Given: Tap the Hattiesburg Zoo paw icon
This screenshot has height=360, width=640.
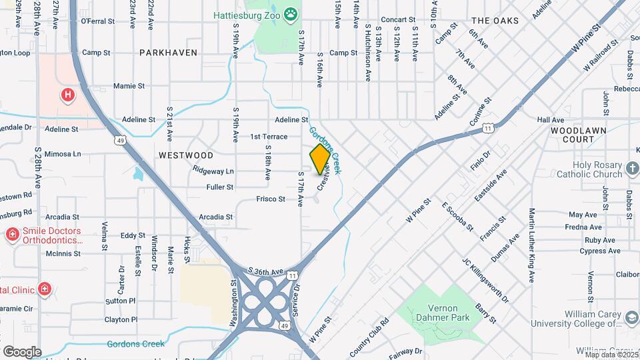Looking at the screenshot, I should [291, 14].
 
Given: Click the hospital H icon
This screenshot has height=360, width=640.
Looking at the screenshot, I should [67, 95].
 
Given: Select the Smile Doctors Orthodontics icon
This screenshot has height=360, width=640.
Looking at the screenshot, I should [12, 235].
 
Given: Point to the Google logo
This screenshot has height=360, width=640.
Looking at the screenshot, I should [22, 351].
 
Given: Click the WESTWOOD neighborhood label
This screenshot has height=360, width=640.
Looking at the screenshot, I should [186, 155].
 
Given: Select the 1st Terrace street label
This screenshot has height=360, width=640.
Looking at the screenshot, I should [269, 137].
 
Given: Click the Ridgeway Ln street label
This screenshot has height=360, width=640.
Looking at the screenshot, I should [213, 171].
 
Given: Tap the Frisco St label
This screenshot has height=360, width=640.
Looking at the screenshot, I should [271, 199].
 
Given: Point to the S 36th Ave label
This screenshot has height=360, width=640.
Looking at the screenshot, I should [266, 272].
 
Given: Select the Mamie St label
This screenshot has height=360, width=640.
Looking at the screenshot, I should [129, 86].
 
